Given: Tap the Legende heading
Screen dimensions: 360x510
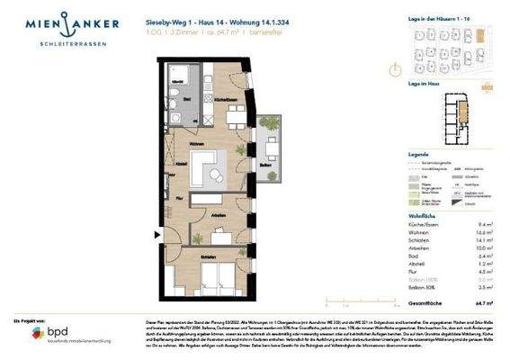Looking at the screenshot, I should pyautogui.click(x=395, y=155).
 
